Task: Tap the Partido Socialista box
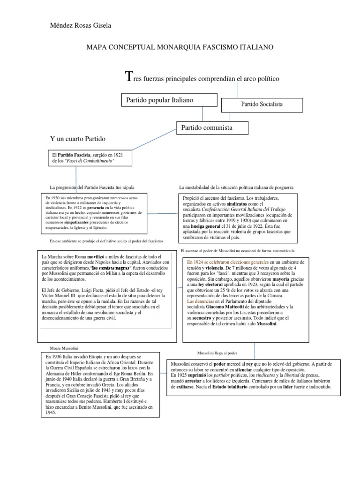(262, 105)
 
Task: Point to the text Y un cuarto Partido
(78, 139)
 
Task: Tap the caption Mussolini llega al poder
(217, 352)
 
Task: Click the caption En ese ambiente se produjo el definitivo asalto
(105, 241)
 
